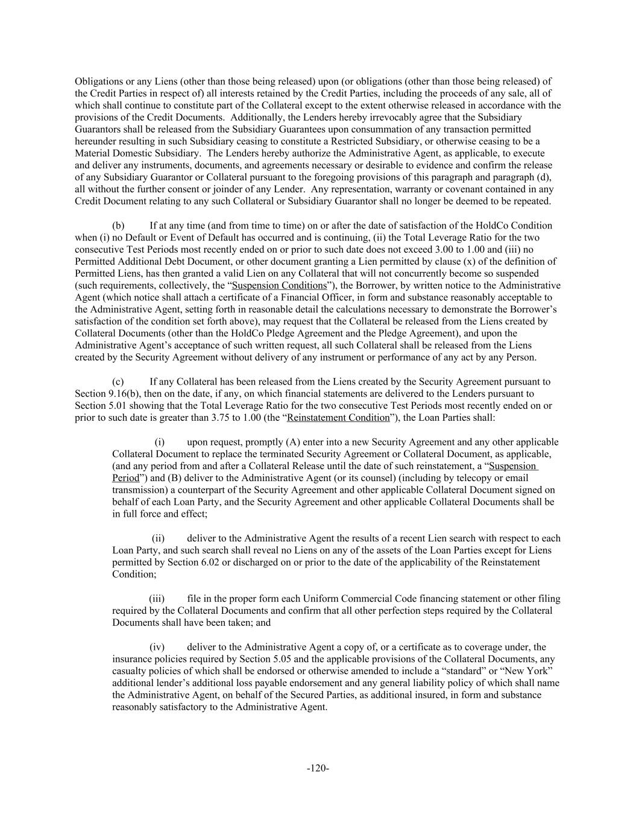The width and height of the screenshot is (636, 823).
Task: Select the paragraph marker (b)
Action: (x=118, y=225)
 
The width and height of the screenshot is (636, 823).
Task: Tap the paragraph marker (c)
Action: (x=118, y=382)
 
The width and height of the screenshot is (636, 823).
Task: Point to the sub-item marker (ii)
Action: (x=157, y=538)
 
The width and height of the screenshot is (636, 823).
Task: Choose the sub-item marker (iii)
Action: (x=157, y=599)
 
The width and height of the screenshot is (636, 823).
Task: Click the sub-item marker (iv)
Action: (x=157, y=647)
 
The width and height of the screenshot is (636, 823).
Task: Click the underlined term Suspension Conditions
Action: (x=279, y=285)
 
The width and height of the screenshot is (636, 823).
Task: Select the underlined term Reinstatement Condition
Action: (x=338, y=417)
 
